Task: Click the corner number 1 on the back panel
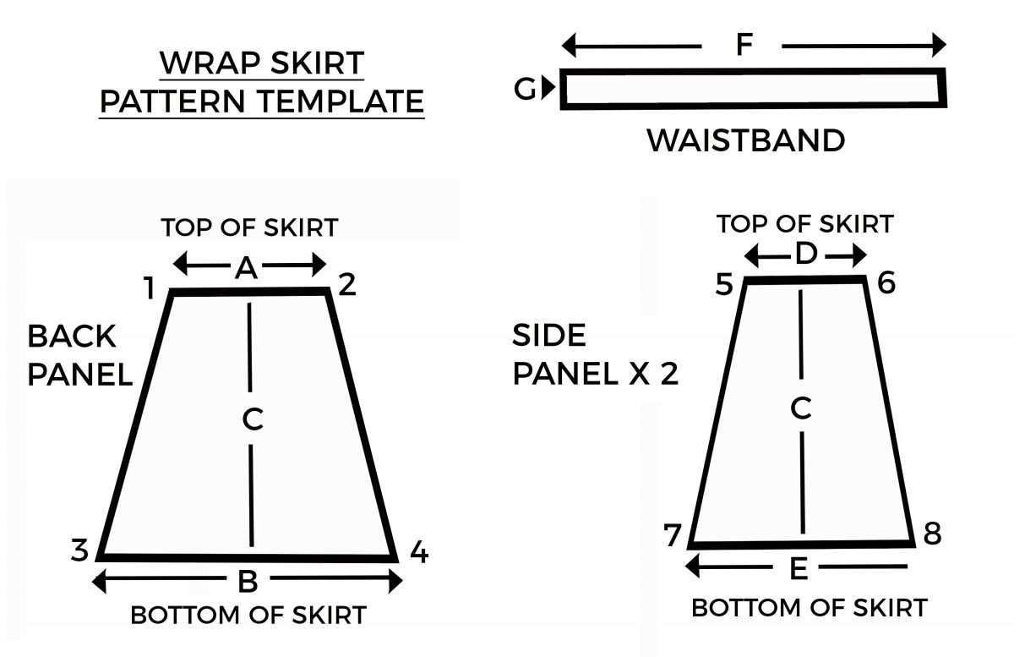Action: pyautogui.click(x=149, y=289)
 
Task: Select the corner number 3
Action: pyautogui.click(x=79, y=550)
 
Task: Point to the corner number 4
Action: pyautogui.click(x=418, y=553)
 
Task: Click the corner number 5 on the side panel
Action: pyautogui.click(x=723, y=285)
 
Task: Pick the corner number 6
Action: pyautogui.click(x=886, y=282)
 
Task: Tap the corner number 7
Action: pyautogui.click(x=673, y=536)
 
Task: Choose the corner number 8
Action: pyautogui.click(x=933, y=534)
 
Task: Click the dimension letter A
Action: pyautogui.click(x=246, y=268)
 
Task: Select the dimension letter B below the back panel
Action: pyautogui.click(x=248, y=582)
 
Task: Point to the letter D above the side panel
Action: pyautogui.click(x=806, y=254)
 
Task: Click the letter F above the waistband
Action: pyautogui.click(x=744, y=45)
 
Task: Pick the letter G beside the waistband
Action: pyautogui.click(x=526, y=88)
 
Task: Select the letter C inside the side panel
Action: pyautogui.click(x=801, y=409)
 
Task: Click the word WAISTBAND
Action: pyautogui.click(x=745, y=140)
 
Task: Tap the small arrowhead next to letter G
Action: pyautogui.click(x=549, y=87)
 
